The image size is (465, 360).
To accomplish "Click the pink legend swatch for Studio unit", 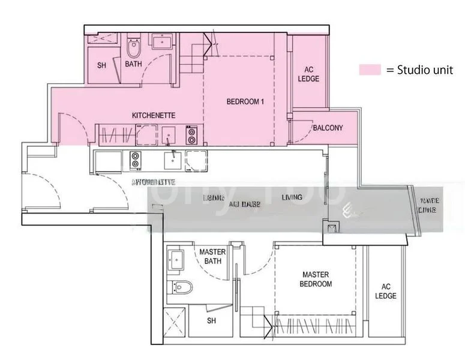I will click(370, 70).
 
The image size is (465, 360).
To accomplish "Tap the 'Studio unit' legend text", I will click(419, 70).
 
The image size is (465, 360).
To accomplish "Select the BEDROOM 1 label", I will click(245, 101).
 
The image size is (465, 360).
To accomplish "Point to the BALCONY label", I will click(327, 128).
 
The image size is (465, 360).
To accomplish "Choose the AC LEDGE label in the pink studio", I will click(308, 74).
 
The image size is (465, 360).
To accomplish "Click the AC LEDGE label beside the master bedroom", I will click(386, 291).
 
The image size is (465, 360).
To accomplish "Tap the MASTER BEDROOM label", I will click(316, 279).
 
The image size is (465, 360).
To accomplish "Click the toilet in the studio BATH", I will click(133, 47).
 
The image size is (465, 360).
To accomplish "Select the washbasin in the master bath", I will click(178, 259).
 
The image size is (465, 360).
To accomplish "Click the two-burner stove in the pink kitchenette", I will click(192, 135).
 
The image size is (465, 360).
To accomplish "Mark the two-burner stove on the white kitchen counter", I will click(135, 160).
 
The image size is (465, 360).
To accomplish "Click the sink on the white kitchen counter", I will click(173, 159).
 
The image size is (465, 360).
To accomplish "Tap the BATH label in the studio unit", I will click(133, 64).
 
